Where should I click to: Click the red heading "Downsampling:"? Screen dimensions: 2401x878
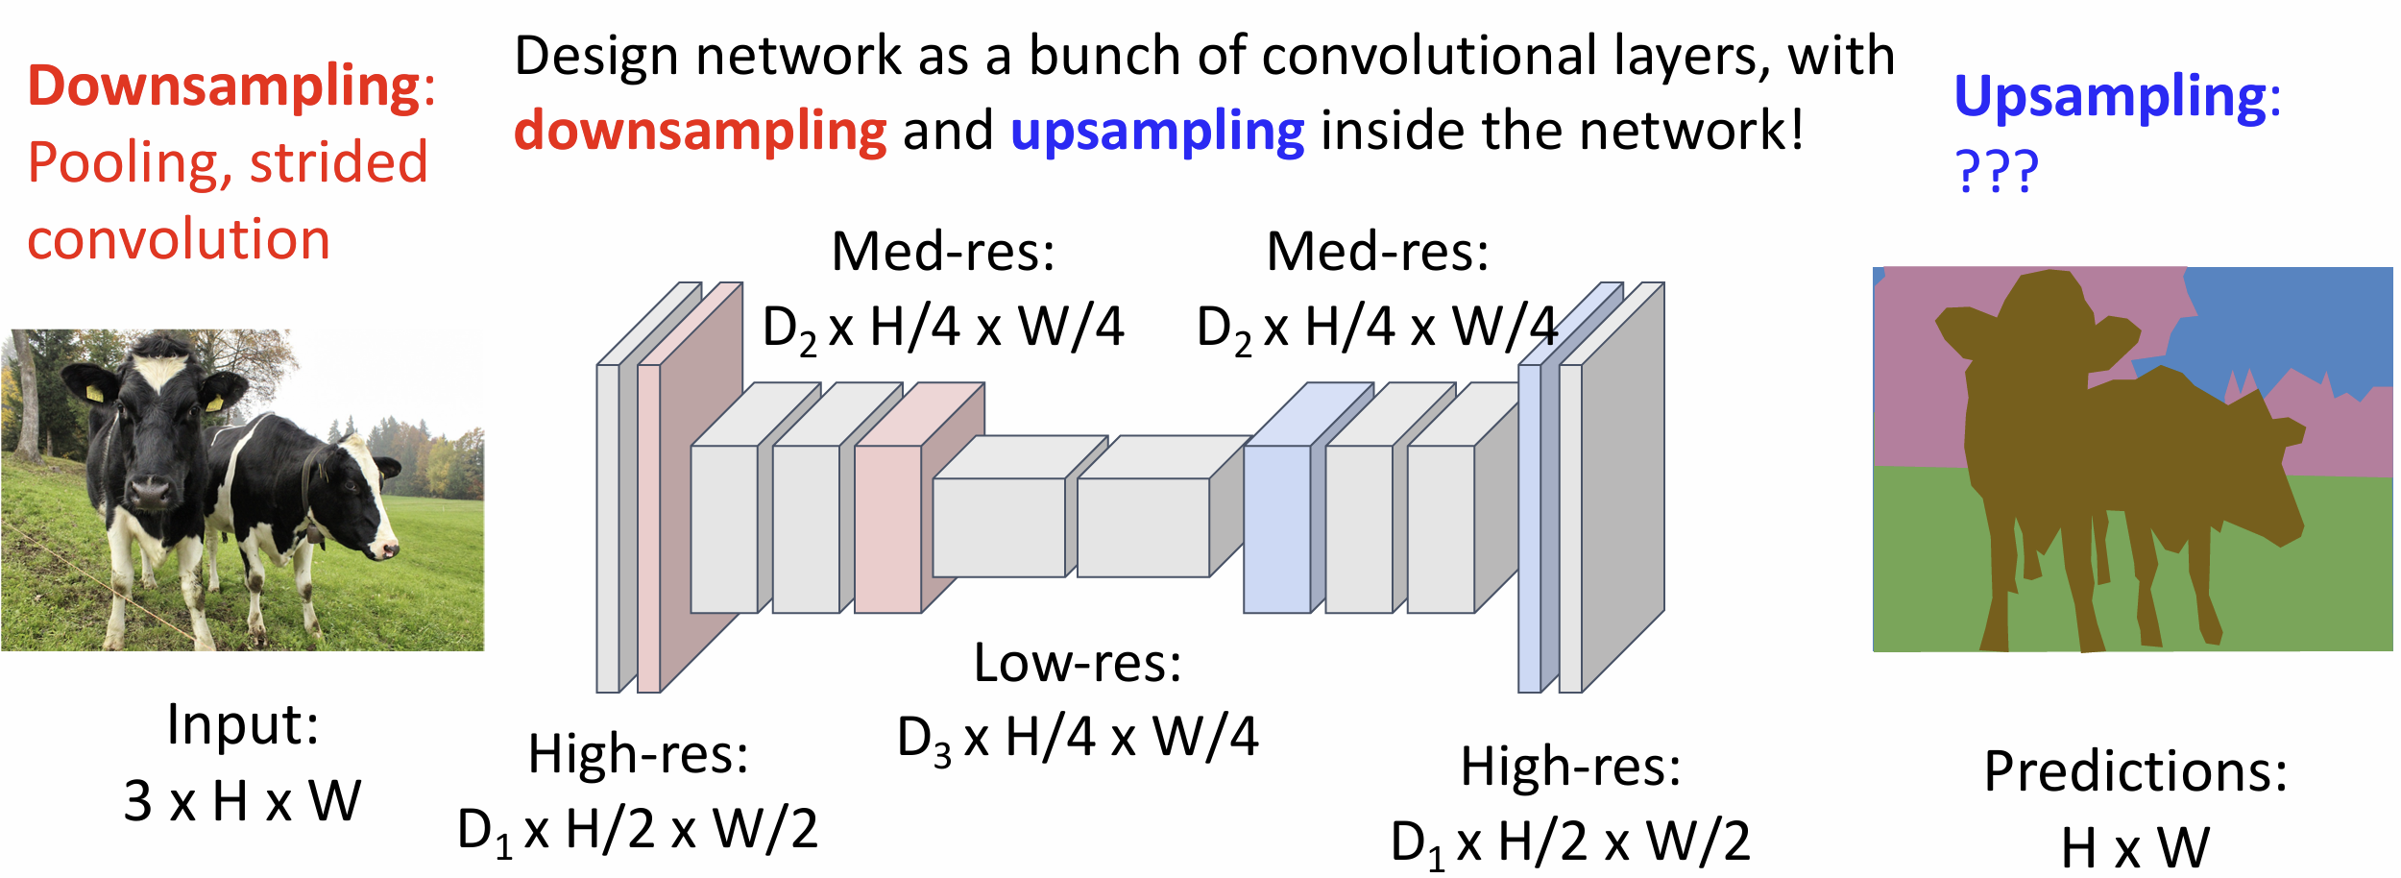point(231,86)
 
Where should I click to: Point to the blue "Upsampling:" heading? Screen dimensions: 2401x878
point(2118,97)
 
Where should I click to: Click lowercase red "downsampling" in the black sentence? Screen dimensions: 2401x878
point(700,132)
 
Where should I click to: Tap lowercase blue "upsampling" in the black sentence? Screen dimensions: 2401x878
point(1157,132)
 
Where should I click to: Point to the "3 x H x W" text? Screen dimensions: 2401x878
point(242,800)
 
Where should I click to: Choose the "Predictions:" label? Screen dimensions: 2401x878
point(2136,770)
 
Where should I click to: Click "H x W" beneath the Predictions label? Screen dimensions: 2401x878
point(2136,847)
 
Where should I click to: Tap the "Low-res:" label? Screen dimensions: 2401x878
point(1078,662)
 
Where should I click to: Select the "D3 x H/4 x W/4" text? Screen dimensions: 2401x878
point(1078,739)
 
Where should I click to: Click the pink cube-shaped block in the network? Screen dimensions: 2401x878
point(919,499)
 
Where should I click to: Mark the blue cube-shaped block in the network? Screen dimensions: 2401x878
point(1308,499)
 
